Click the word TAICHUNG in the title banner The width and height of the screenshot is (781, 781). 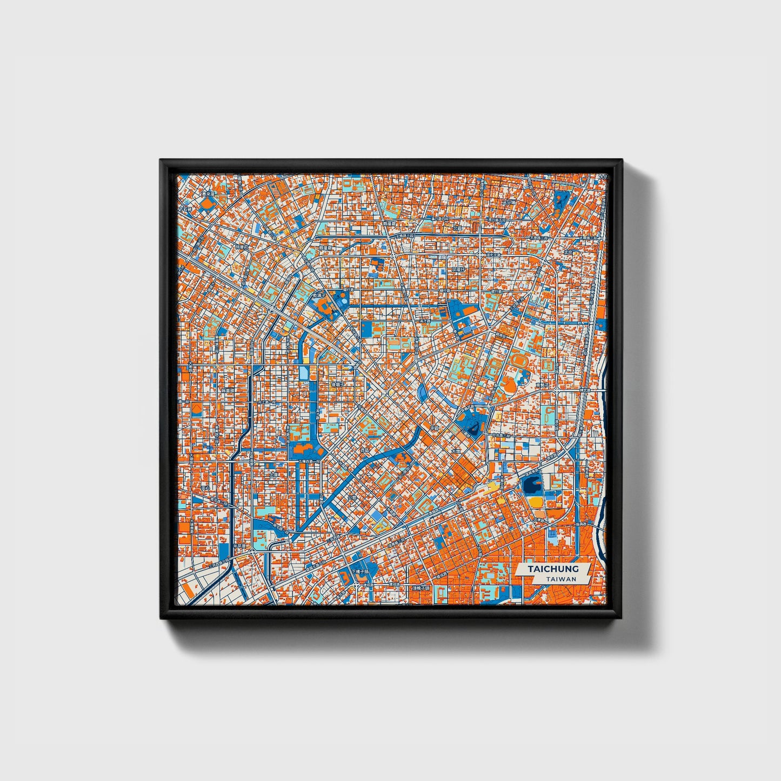pos(553,569)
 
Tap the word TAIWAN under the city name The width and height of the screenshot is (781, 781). pos(560,579)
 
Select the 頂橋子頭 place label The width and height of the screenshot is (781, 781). pos(420,588)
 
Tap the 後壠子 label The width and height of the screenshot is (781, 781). pos(338,384)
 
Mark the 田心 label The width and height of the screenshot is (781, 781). pos(205,487)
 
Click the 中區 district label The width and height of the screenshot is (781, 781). pos(435,428)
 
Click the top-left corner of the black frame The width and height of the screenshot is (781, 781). pos(161,161)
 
